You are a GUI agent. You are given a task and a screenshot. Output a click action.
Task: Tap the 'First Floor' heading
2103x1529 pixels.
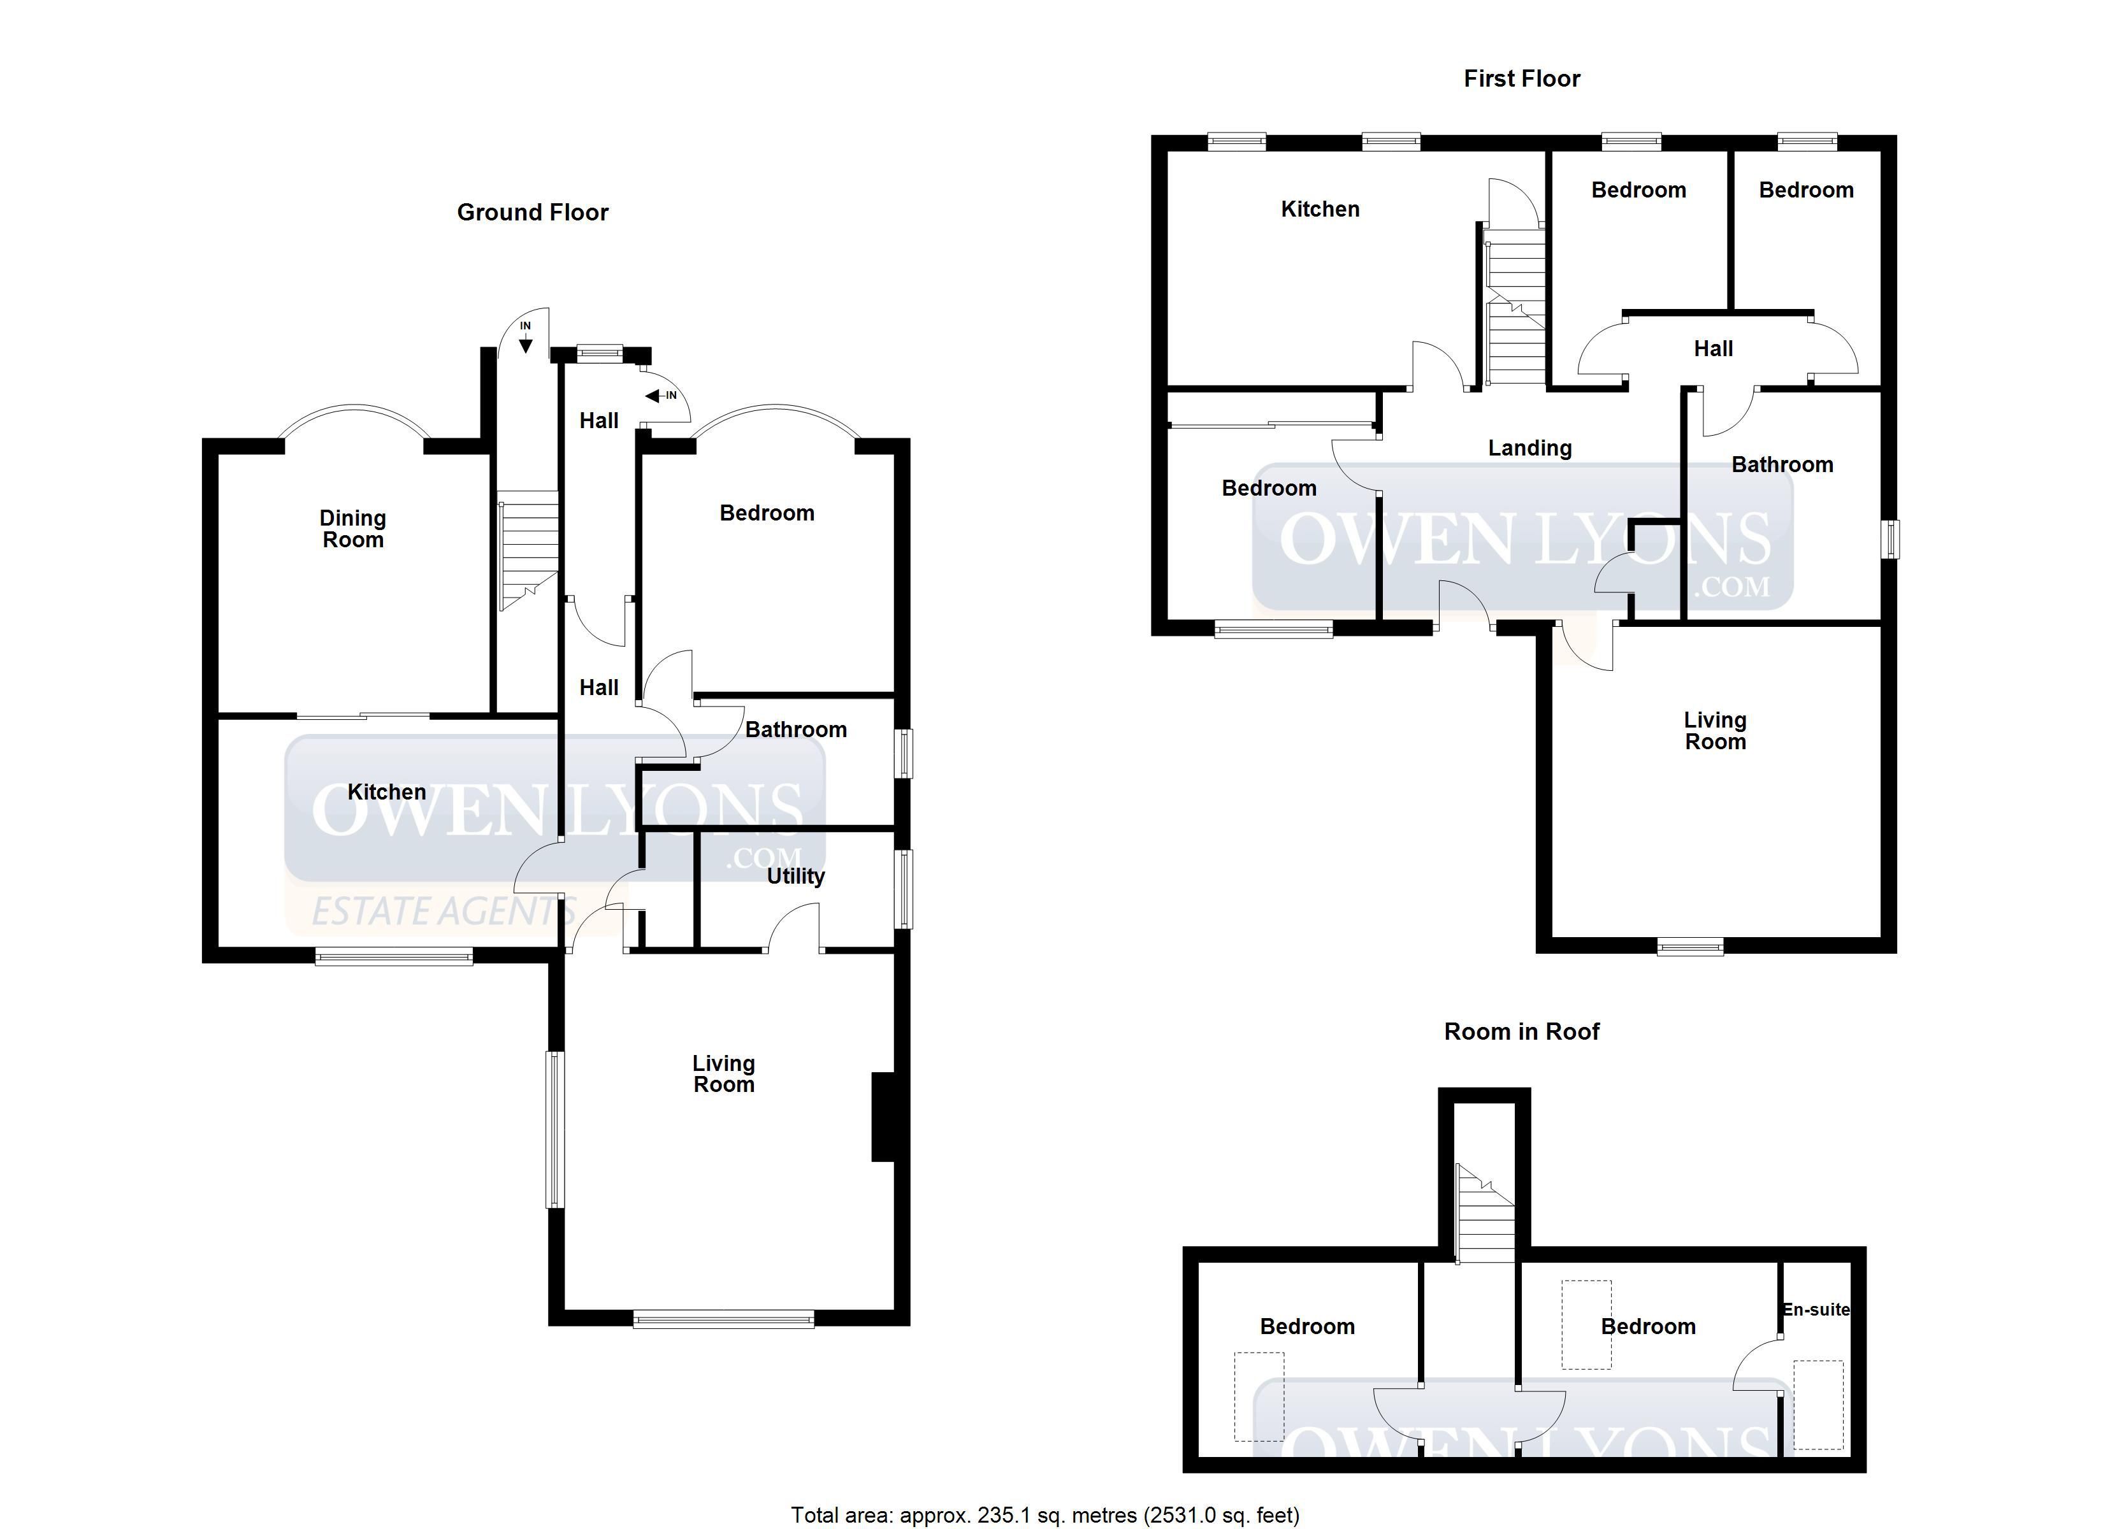[1522, 79]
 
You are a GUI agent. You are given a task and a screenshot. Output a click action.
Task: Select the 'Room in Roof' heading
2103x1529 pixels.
[1522, 1031]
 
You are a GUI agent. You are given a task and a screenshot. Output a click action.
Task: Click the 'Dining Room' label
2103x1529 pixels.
[352, 529]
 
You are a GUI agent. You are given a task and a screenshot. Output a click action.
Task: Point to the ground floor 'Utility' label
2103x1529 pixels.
[795, 876]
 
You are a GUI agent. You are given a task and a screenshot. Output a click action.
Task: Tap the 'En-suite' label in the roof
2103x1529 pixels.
[1816, 1309]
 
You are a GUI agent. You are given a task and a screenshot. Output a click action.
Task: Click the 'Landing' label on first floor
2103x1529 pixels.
[1530, 449]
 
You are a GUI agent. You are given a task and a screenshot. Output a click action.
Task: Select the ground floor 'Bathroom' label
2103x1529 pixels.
[795, 729]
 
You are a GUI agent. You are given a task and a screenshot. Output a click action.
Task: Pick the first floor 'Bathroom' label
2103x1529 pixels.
[1782, 464]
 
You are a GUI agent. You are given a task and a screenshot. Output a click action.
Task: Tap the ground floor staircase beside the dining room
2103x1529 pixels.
[528, 556]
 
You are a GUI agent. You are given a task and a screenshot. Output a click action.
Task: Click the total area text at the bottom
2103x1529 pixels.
[1045, 1515]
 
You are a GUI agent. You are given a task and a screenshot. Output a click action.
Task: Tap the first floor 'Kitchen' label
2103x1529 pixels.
[1320, 210]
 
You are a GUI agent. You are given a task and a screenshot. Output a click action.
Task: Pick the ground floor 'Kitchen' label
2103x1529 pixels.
[387, 792]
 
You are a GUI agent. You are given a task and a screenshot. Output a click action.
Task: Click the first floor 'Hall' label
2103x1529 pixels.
[1714, 348]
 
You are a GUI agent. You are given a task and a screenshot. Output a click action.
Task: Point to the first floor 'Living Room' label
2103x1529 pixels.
[1716, 731]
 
